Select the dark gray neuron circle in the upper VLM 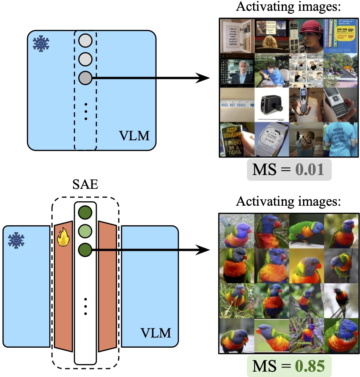(85, 78)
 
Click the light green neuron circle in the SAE (85, 231)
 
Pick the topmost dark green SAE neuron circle (85, 213)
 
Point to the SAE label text (85, 185)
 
